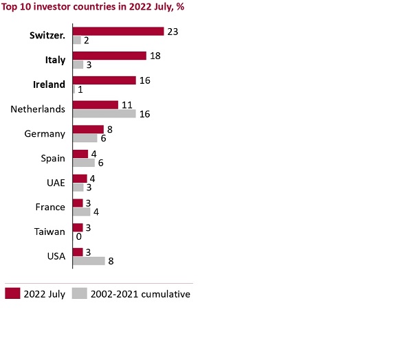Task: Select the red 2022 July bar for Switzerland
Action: click(x=118, y=31)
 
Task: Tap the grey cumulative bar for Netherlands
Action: click(x=104, y=113)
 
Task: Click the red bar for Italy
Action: click(x=109, y=56)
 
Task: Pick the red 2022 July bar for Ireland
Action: click(x=104, y=80)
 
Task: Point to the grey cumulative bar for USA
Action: click(x=89, y=261)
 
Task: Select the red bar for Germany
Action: click(x=88, y=129)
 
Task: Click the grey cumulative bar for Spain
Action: click(x=83, y=163)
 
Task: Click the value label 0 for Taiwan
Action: click(x=78, y=236)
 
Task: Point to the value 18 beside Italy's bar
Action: click(x=155, y=56)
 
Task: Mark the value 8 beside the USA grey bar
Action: click(x=111, y=261)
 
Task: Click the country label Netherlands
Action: click(x=38, y=109)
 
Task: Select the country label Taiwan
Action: click(x=50, y=232)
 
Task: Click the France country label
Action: click(x=50, y=207)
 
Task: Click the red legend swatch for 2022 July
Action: click(x=12, y=294)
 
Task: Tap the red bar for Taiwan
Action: click(x=78, y=227)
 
